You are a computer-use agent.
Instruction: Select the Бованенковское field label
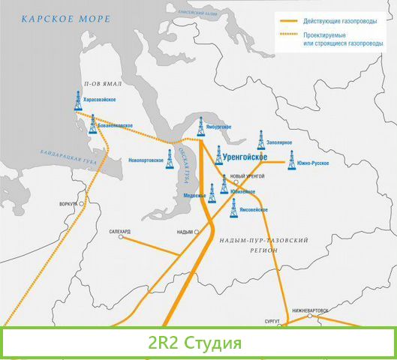pyautogui.click(x=115, y=125)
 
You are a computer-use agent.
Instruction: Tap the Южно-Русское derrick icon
pyautogui.click(x=292, y=159)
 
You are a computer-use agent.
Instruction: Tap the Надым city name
pyautogui.click(x=184, y=232)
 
